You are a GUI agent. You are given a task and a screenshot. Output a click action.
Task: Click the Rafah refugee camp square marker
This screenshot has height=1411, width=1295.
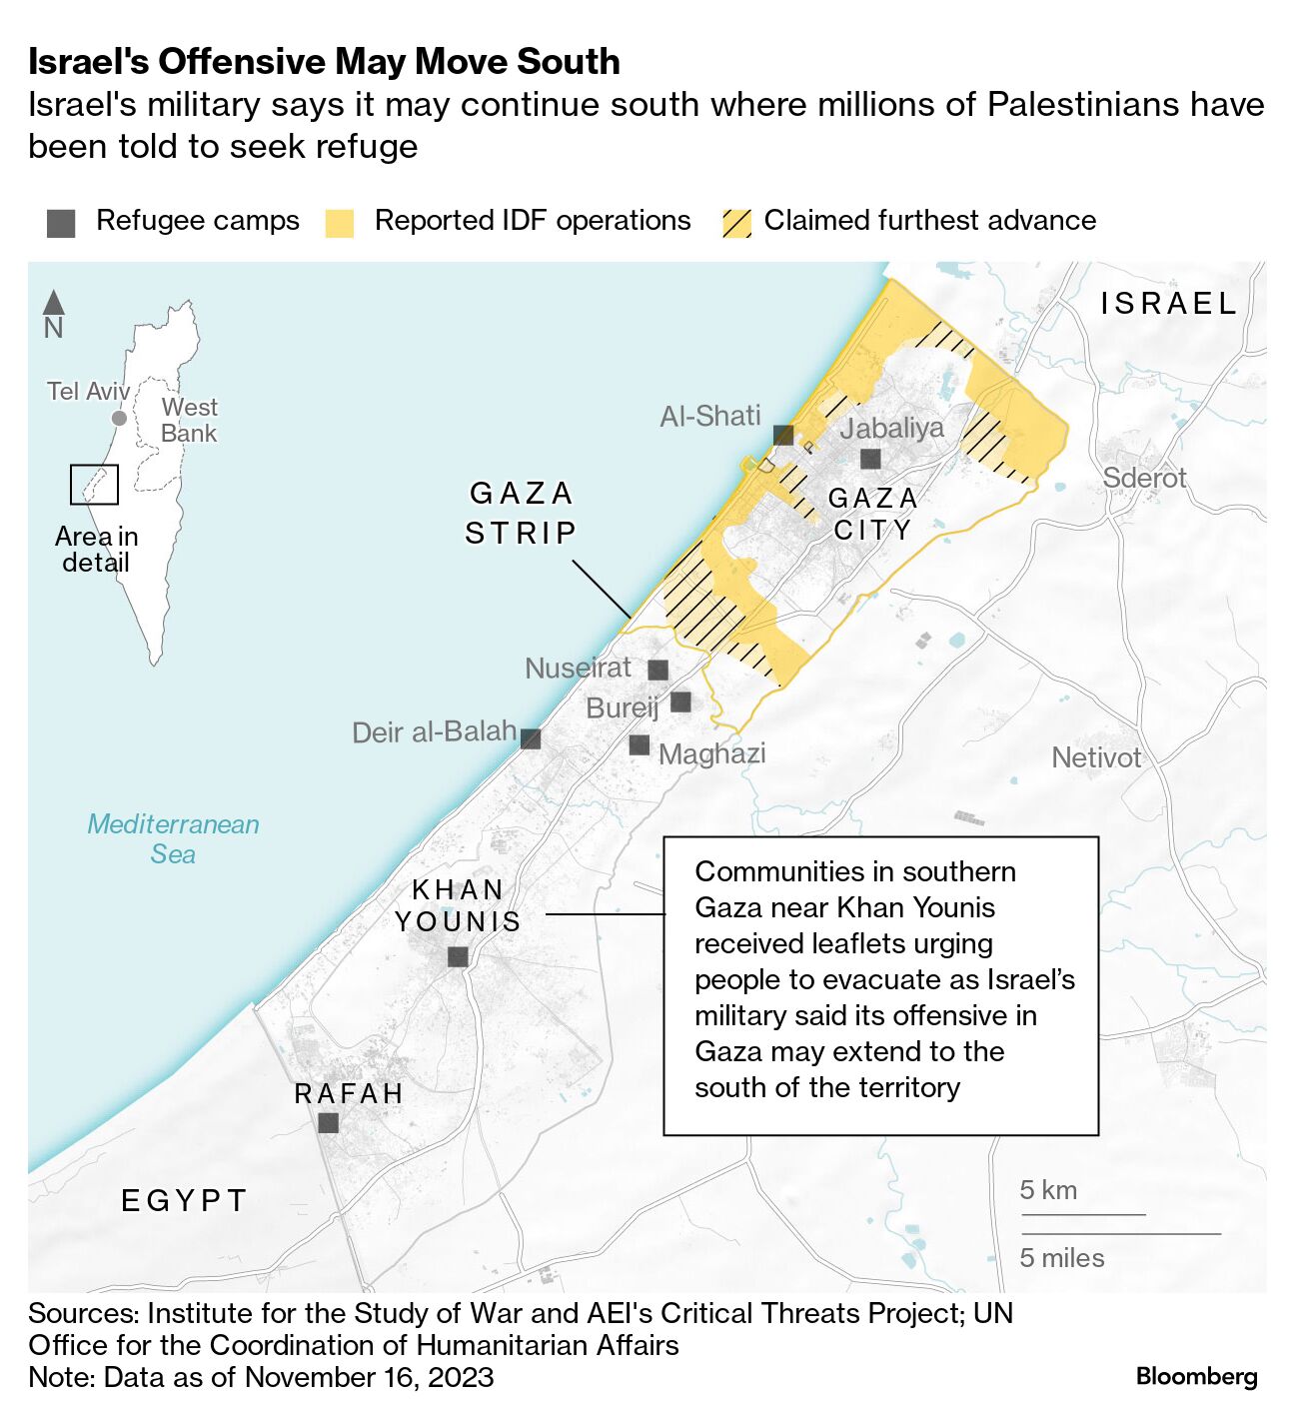[328, 1123]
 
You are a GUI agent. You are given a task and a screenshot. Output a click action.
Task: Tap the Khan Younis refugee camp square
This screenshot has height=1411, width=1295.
[458, 957]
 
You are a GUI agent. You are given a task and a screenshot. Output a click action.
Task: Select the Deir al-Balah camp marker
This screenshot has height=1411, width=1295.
[531, 738]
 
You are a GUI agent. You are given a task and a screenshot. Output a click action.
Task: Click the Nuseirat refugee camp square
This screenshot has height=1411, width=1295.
[657, 670]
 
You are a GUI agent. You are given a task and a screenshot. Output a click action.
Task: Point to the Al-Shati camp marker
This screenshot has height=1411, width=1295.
[783, 435]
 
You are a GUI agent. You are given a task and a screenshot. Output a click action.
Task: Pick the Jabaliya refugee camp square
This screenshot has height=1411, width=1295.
[870, 459]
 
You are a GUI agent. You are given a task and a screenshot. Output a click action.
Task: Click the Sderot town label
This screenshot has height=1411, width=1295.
[1144, 478]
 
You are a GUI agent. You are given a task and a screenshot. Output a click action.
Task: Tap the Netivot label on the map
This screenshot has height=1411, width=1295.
[1096, 757]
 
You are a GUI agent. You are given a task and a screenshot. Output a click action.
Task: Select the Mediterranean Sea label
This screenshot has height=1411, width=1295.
[173, 838]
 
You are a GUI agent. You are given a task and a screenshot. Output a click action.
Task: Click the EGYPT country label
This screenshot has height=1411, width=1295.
[184, 1200]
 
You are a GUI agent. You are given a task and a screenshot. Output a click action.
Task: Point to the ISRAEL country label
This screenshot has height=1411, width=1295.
[1168, 303]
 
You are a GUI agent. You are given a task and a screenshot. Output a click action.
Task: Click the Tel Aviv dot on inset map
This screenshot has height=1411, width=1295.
[119, 418]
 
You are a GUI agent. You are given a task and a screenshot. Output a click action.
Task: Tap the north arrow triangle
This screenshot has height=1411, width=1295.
[54, 302]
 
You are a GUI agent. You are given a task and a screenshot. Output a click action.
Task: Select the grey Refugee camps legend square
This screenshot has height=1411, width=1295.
[61, 223]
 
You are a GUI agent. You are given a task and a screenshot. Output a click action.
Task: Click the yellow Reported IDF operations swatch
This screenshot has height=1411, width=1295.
[340, 223]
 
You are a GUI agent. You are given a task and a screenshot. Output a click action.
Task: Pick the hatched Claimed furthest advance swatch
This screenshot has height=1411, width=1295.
[736, 223]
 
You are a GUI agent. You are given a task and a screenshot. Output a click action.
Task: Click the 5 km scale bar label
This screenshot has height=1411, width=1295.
[1048, 1190]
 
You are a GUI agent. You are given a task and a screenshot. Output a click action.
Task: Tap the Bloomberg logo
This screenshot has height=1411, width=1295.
[1196, 1376]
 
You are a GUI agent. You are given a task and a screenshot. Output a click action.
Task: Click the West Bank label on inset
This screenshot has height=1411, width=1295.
[189, 420]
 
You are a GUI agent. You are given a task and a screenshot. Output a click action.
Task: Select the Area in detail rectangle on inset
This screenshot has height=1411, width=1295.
[94, 485]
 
